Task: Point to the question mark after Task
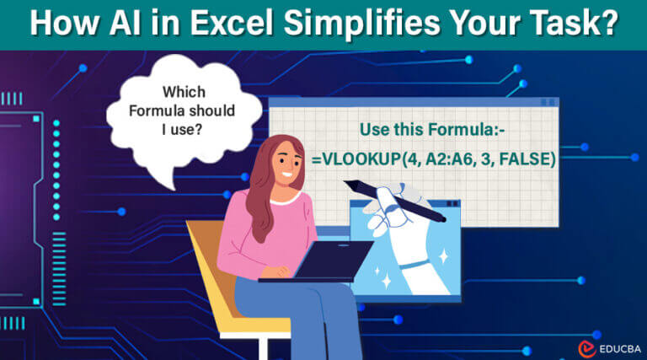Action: [608, 22]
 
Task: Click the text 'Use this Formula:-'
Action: [432, 130]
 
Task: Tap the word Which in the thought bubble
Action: [184, 92]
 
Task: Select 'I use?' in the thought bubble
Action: [182, 130]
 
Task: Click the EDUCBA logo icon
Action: [586, 349]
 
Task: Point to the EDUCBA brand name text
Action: [620, 349]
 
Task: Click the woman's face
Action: [286, 162]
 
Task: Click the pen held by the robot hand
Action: [395, 201]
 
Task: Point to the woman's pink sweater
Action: [264, 234]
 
